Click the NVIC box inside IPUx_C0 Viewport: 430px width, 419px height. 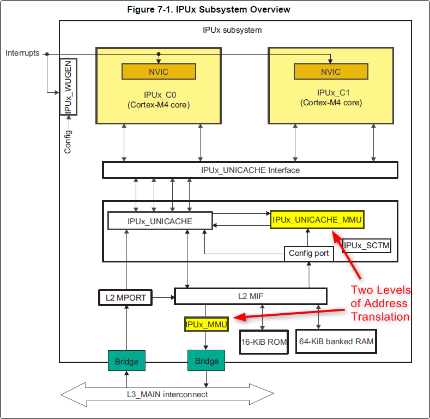[x=159, y=71]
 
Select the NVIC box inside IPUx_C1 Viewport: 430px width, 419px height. [x=330, y=71]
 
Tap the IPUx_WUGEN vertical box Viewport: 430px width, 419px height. [x=68, y=87]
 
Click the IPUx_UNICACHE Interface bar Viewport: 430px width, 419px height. [x=250, y=170]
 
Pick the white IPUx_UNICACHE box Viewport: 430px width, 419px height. [x=160, y=221]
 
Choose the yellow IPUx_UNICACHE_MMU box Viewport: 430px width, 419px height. [x=317, y=219]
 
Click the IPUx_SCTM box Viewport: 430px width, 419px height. [x=367, y=246]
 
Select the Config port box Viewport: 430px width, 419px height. [x=308, y=253]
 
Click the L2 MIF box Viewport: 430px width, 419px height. [x=250, y=296]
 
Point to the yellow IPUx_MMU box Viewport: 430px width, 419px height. [x=206, y=324]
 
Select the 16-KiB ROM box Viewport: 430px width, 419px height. [x=263, y=342]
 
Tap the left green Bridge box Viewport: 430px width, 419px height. [x=126, y=361]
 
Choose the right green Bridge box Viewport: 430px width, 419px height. [x=207, y=361]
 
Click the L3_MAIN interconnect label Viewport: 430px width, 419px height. [x=172, y=394]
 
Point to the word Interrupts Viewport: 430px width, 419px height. [x=22, y=53]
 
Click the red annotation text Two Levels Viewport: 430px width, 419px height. [x=380, y=290]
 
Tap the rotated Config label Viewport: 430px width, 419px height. [x=68, y=141]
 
